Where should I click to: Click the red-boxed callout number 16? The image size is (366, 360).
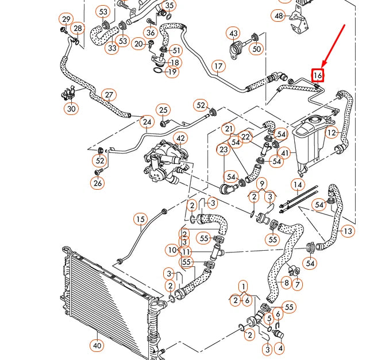(x=318, y=75)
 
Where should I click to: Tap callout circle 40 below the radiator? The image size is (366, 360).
(x=97, y=346)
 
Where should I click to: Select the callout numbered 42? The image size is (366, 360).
(x=180, y=138)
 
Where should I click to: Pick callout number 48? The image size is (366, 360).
(x=279, y=16)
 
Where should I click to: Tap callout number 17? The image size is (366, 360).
(x=218, y=66)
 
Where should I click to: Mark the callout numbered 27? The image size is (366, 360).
(x=109, y=95)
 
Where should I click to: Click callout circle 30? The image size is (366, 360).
(x=71, y=108)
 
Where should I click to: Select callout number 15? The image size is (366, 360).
(x=141, y=219)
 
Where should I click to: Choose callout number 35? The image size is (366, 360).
(x=170, y=6)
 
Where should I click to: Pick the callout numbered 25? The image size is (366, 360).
(x=163, y=110)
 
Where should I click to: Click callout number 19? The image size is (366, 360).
(x=171, y=72)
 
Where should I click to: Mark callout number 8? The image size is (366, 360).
(x=286, y=283)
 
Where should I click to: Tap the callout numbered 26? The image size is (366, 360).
(x=98, y=183)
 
